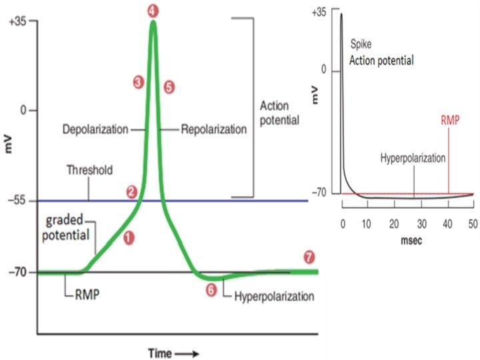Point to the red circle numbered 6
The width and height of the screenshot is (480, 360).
(211, 291)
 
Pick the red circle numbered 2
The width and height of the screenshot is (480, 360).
(132, 191)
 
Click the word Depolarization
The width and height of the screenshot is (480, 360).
(95, 129)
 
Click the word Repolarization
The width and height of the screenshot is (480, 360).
(213, 129)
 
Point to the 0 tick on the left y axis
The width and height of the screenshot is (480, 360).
(23, 110)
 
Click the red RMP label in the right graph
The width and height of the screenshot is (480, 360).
(449, 122)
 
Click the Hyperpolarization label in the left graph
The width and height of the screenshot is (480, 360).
(273, 294)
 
